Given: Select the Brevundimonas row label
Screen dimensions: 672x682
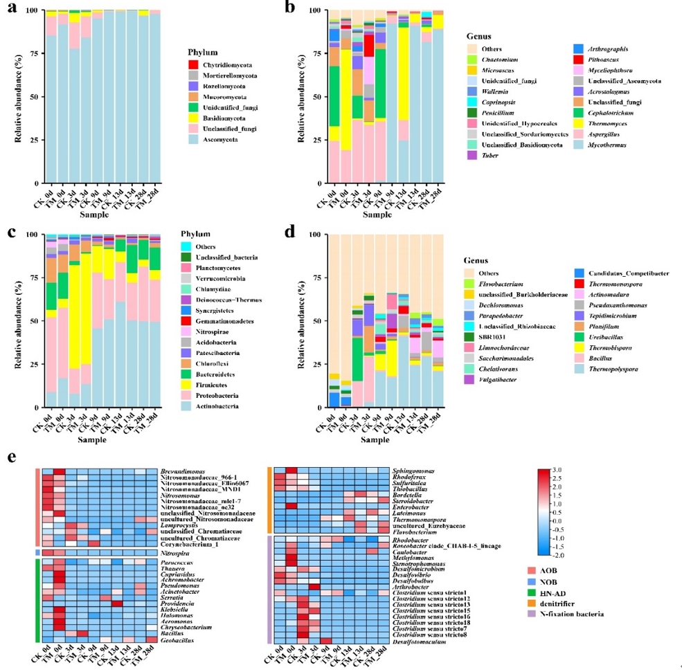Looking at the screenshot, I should (x=184, y=470).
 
